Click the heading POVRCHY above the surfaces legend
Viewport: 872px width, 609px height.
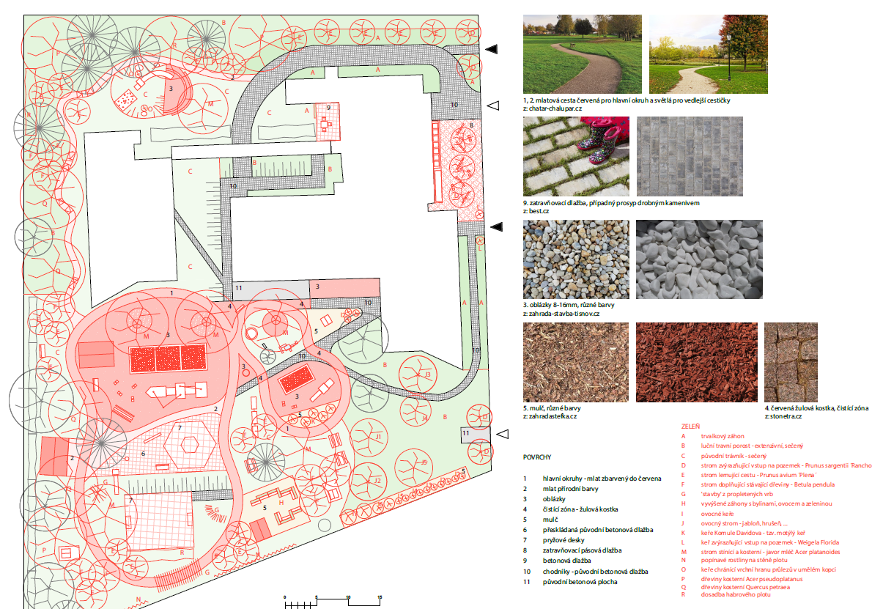[537, 457]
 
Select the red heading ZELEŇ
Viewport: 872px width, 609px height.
[691, 424]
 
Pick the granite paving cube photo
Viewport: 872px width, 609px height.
[791, 362]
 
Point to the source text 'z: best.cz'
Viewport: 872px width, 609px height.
[536, 211]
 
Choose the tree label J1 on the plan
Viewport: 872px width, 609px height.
[379, 437]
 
